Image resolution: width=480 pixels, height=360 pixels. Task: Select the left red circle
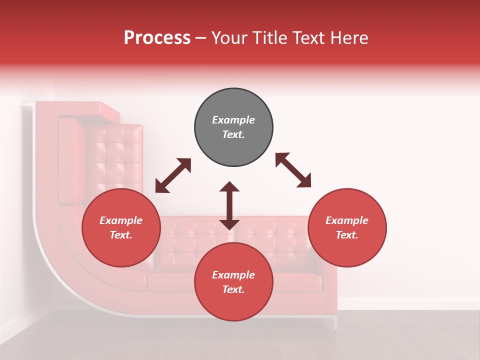(121, 227)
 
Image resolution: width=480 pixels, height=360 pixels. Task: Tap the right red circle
(347, 227)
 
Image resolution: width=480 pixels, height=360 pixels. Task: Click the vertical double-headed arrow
(229, 205)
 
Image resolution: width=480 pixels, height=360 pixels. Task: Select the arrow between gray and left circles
(173, 175)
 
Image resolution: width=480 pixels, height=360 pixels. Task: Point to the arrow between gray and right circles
(293, 170)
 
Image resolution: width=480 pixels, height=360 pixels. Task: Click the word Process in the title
(157, 38)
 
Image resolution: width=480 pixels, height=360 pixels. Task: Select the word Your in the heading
(227, 38)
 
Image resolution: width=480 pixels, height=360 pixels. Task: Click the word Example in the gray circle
(233, 120)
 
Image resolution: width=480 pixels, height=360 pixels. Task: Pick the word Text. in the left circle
(121, 235)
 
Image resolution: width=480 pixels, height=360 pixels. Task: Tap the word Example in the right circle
(347, 220)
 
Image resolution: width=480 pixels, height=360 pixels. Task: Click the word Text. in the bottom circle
(233, 289)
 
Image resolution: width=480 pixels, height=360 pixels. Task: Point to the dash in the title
(200, 38)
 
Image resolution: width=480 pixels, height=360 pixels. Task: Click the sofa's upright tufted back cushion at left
(113, 155)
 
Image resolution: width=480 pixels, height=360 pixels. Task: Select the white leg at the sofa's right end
(335, 322)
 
